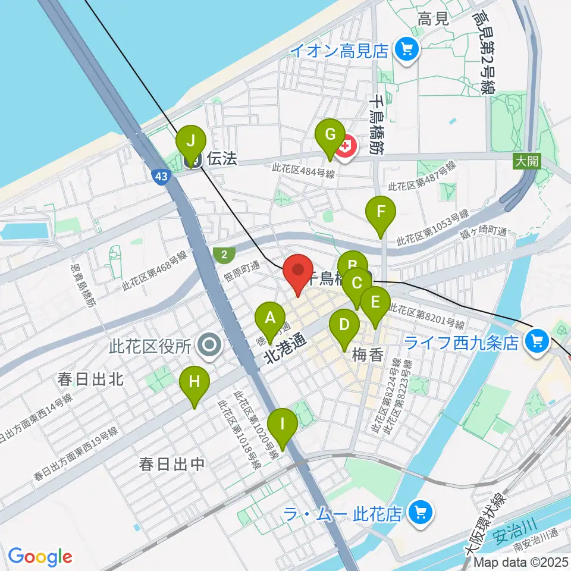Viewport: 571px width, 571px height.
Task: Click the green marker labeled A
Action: (270, 318)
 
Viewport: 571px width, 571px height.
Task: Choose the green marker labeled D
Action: (344, 325)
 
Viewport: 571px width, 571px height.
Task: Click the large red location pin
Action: (298, 270)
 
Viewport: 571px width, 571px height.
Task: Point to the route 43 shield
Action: (160, 176)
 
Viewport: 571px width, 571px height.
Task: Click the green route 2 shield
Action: (222, 254)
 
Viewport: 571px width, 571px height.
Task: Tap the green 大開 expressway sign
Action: (528, 161)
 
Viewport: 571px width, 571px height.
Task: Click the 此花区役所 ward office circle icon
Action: (209, 345)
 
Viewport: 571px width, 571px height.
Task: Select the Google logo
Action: (40, 557)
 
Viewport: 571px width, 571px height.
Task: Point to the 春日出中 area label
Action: (171, 464)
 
